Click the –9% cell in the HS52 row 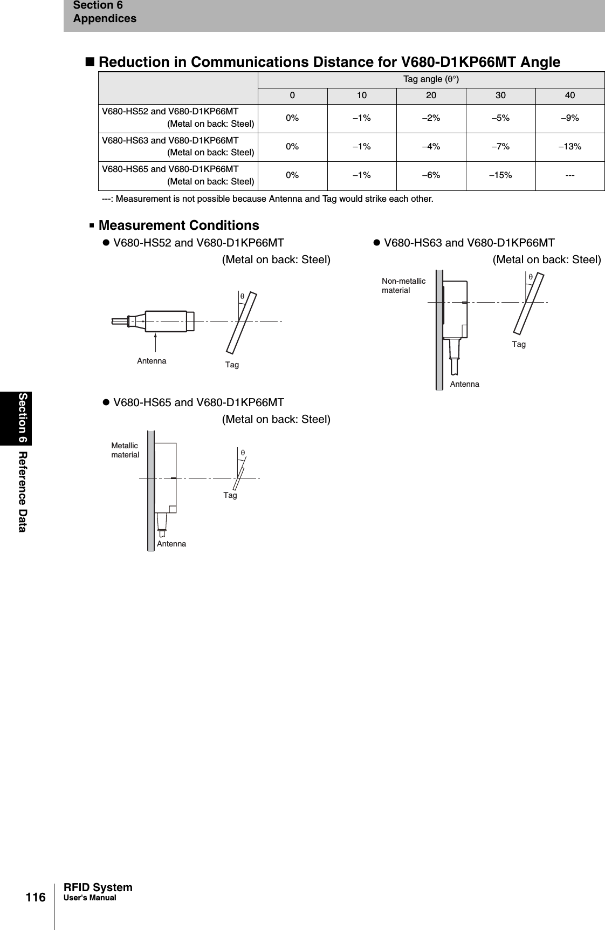[569, 118]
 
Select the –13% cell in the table [569, 147]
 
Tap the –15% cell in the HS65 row [500, 175]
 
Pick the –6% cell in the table [431, 175]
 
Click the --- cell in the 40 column [569, 175]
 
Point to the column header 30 [500, 95]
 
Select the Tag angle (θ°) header [431, 80]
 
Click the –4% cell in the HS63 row [431, 147]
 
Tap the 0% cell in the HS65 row [292, 175]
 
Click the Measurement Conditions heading [178, 225]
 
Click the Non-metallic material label [403, 285]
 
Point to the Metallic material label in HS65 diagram [125, 450]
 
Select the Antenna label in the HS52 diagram [152, 361]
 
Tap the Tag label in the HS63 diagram [519, 344]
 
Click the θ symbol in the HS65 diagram [243, 452]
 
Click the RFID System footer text [98, 887]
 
